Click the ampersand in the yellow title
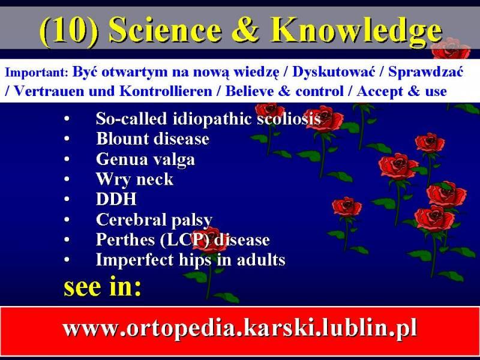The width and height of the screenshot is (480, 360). (x=245, y=29)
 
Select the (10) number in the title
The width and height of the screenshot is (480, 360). (x=69, y=31)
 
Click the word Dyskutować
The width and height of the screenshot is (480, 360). (x=334, y=73)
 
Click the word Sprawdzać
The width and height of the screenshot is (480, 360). (x=425, y=73)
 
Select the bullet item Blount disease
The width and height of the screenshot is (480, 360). (x=152, y=139)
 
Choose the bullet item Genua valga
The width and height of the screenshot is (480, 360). (x=145, y=160)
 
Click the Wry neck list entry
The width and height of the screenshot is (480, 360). (x=134, y=179)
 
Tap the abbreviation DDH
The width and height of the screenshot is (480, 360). (x=116, y=199)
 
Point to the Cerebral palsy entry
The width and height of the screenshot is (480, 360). (x=154, y=220)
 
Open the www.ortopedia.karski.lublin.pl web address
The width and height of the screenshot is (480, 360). (x=239, y=328)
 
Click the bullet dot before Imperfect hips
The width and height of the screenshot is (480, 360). (x=67, y=260)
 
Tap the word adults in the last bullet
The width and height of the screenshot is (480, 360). (x=261, y=260)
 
